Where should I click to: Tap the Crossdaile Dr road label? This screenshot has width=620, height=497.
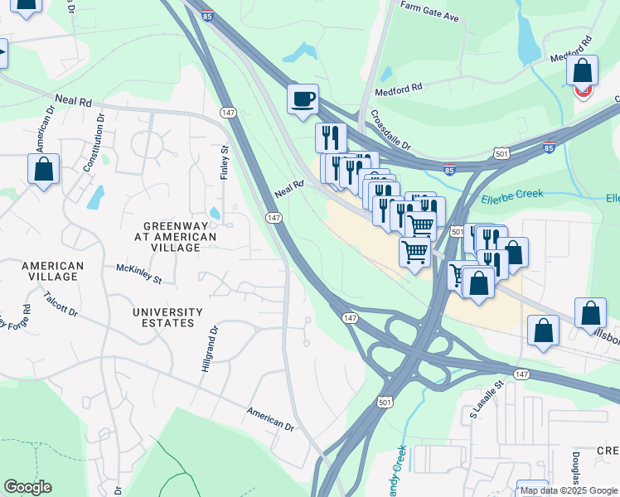[391, 130]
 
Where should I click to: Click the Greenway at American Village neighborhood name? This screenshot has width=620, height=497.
[180, 237]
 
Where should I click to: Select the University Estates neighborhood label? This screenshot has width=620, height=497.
[167, 318]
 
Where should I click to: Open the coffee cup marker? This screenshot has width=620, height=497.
[303, 99]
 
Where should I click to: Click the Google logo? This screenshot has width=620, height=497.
[27, 487]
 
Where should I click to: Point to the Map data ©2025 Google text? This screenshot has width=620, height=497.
[569, 490]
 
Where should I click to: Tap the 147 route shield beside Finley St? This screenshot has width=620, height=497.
[227, 112]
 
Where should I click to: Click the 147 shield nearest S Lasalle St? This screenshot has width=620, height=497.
[520, 375]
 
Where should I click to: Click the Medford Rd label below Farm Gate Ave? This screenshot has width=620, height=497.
[399, 85]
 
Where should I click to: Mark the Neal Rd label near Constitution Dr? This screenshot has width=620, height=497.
[74, 101]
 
